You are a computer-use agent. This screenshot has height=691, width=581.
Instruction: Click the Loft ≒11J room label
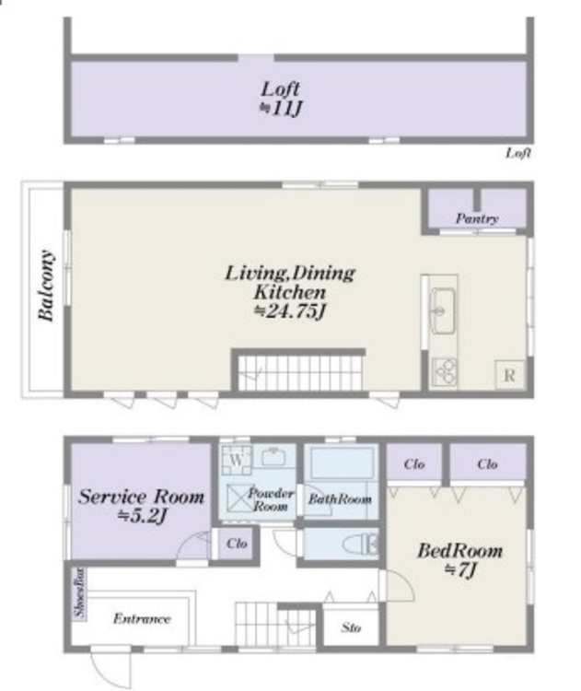(281, 99)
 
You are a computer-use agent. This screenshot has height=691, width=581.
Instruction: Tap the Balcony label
(46, 286)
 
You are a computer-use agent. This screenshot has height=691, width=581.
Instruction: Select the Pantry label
(477, 218)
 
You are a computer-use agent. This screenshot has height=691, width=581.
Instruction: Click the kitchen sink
(443, 310)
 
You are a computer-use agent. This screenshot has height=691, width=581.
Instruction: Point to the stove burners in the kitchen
(444, 372)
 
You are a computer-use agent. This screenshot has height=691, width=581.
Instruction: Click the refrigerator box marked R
(510, 375)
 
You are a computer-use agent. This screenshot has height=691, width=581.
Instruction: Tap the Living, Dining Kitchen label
(290, 292)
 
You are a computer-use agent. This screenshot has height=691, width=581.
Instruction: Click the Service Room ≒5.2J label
(142, 506)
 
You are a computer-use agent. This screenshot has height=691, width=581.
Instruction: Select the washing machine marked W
(237, 460)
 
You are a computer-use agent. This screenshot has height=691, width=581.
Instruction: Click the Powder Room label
(271, 499)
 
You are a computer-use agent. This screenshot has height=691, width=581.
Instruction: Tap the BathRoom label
(340, 498)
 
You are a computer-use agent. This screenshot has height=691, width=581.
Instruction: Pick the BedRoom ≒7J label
(459, 559)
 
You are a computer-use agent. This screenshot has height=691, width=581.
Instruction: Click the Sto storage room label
(351, 627)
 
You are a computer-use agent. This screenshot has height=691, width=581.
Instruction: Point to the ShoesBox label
(79, 592)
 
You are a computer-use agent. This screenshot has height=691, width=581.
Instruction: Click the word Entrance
(142, 619)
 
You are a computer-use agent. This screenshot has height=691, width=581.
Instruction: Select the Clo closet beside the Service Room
(237, 544)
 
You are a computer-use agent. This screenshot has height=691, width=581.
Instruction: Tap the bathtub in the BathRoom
(342, 463)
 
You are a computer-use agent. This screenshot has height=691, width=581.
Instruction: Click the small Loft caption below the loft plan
(518, 153)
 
